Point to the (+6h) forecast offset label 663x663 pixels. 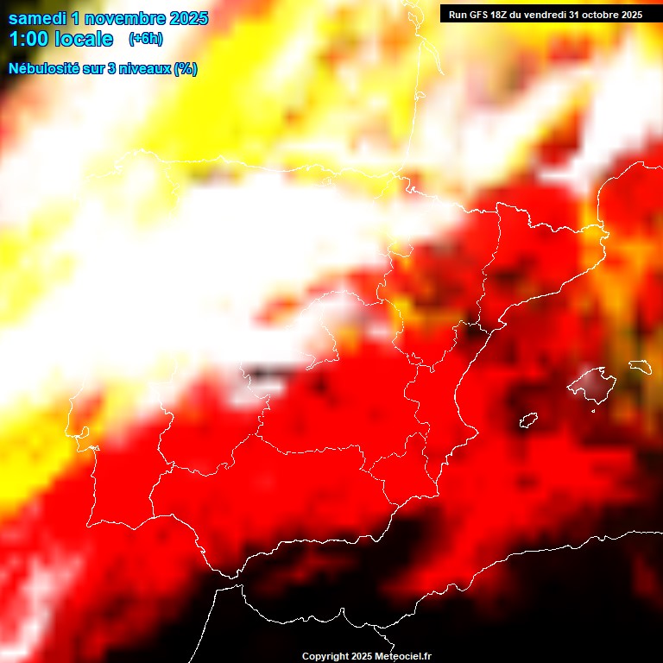click(x=145, y=39)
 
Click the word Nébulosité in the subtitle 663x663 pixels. click(x=48, y=69)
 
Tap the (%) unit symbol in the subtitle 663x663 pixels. click(x=185, y=69)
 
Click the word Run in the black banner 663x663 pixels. click(x=458, y=15)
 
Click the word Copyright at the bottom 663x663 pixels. click(x=325, y=656)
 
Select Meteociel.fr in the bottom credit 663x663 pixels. click(x=403, y=656)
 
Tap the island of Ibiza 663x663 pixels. click(x=528, y=420)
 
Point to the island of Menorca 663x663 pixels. click(x=639, y=366)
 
